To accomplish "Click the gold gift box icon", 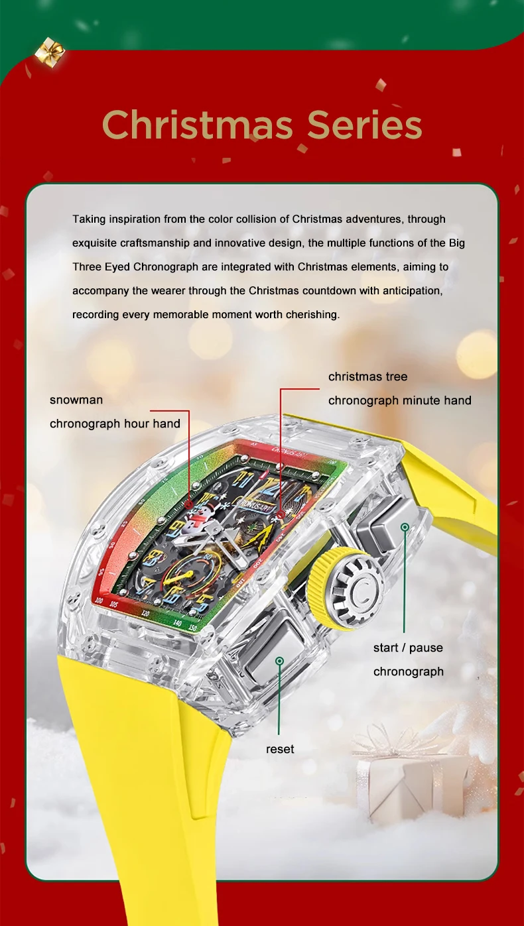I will [50, 51].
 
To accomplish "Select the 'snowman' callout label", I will [76, 400].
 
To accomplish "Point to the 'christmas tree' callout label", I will [367, 376].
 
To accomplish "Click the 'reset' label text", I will [280, 749].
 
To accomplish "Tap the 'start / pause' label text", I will [408, 648].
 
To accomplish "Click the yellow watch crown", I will [347, 583].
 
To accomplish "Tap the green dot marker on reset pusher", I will [280, 661].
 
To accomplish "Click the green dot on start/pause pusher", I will [404, 526].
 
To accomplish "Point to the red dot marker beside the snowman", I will [190, 504].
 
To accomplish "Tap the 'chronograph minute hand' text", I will [399, 400].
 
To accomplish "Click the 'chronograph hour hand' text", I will [115, 424].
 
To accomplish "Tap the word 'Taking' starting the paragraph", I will [88, 219].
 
